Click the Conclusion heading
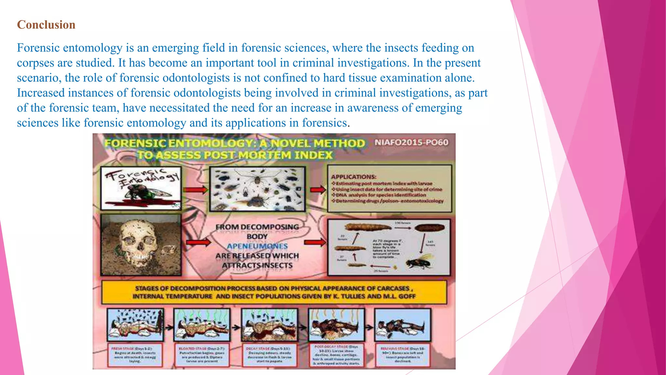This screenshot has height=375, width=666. [46, 25]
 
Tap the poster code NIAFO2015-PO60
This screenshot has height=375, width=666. [411, 143]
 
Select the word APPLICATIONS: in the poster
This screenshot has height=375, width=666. [354, 177]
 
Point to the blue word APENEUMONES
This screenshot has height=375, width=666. [257, 246]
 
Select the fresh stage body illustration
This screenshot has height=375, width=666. [135, 325]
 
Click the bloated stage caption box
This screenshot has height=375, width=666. [202, 354]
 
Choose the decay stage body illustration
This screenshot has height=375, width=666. [269, 325]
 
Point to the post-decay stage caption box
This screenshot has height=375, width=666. [336, 355]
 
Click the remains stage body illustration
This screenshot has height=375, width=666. [403, 325]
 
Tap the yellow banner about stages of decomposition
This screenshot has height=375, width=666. [274, 292]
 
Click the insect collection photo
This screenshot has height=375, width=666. [257, 189]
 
